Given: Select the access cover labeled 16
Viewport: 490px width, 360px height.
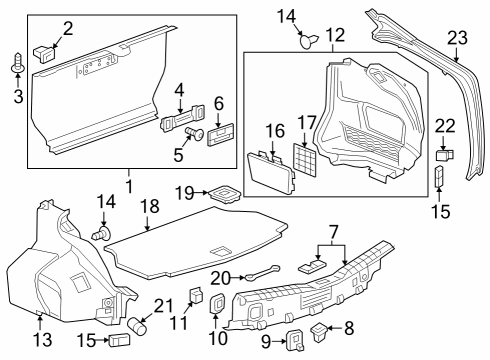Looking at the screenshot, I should [x=270, y=166].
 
